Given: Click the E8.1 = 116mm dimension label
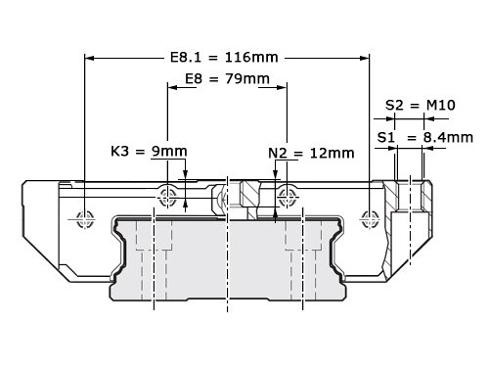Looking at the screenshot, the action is click(x=224, y=58).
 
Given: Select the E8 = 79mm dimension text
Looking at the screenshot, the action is click(x=228, y=79).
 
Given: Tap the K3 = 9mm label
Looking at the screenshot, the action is click(x=149, y=151).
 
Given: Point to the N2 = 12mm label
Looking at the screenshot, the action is click(x=311, y=153).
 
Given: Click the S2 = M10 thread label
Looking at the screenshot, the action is click(x=421, y=105).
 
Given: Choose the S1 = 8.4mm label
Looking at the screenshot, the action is click(x=425, y=137).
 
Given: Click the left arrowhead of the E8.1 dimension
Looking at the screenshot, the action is click(x=89, y=58).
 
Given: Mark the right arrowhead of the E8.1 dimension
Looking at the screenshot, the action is click(x=365, y=58).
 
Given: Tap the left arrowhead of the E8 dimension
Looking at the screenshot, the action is click(x=172, y=87).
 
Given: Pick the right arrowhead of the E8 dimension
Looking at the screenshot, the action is click(x=282, y=87).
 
